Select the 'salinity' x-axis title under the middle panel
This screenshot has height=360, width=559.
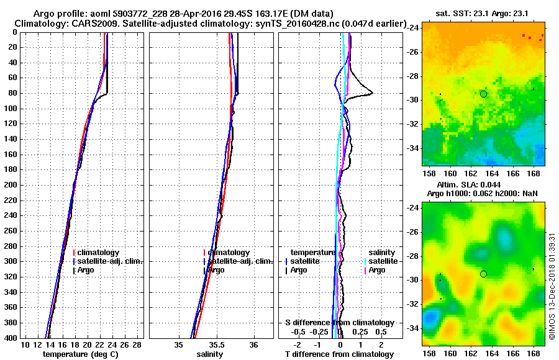[x=211, y=354]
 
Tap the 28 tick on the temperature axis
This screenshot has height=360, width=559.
[x=138, y=344]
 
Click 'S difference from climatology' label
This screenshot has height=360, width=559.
[x=340, y=323]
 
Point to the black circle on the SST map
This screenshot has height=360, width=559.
[x=484, y=94]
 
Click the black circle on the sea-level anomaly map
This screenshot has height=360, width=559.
[x=484, y=274]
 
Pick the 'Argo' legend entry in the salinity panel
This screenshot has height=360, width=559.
[x=217, y=270]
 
